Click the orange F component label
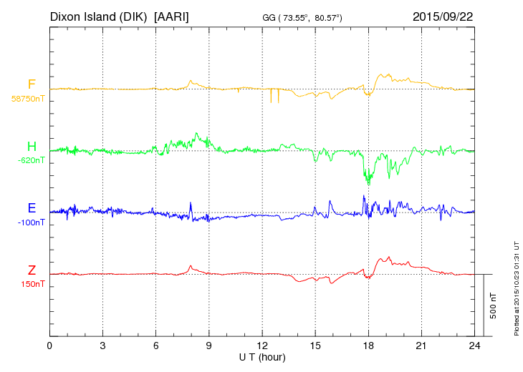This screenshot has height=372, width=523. coord(32,84)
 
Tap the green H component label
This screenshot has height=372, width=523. coord(32,147)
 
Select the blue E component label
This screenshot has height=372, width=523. coord(32,208)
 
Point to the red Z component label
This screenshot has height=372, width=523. coord(32,270)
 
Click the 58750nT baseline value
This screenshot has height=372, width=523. coord(28,99)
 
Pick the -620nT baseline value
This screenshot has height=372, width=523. coord(31,161)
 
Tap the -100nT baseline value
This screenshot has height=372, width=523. coord(32,222)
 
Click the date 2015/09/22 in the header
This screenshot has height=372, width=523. coord(443,16)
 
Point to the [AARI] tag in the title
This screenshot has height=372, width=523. coord(172,16)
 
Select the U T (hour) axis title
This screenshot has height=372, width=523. coord(262,356)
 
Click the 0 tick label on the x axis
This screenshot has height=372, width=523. coord(50,346)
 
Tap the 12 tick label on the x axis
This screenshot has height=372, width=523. coord(262,346)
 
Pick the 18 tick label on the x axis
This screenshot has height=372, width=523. coord(368,346)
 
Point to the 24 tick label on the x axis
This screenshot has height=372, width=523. coord(474,346)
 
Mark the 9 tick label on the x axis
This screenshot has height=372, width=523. coord(209,346)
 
